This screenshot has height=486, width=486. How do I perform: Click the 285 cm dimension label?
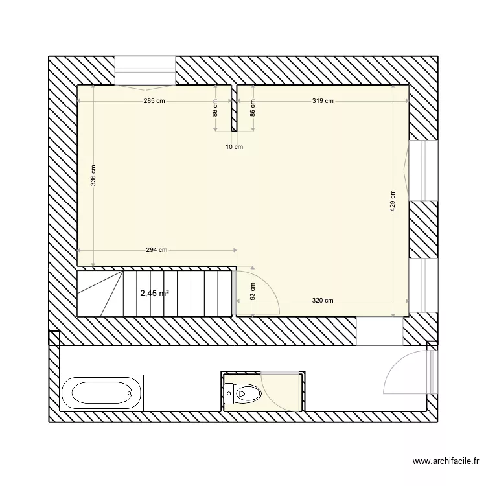tap(154, 100)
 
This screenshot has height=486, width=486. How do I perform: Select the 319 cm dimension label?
tap(323, 100)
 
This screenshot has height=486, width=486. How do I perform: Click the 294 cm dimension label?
tap(156, 250)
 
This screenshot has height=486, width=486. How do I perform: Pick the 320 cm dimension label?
tap(323, 300)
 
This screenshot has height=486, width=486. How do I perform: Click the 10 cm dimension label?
tap(234, 147)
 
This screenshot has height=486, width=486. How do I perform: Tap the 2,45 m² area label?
tap(154, 293)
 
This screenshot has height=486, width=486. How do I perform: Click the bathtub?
tap(102, 393)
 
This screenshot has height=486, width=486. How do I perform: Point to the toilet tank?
tap(229, 392)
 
